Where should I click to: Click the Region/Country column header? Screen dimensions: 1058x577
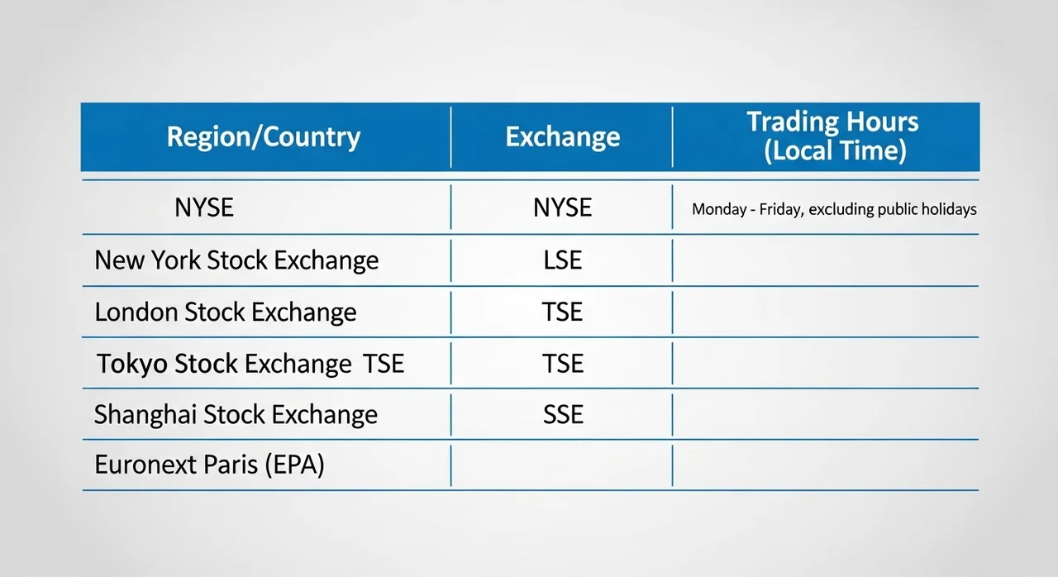coord(263,137)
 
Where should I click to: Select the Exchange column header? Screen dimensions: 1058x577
coord(563,137)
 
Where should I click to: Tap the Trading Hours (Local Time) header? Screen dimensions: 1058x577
coord(832,136)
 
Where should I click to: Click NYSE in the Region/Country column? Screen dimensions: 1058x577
coord(204,207)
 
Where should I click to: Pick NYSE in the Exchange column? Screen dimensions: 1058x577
coord(563,207)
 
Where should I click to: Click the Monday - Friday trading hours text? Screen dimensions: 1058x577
coord(834,209)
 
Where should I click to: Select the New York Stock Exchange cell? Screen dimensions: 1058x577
coord(236,260)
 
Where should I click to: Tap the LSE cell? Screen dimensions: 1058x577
coord(563,260)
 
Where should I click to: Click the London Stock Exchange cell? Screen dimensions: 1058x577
coord(226,312)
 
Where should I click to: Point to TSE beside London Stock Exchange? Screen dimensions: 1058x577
coord(562,312)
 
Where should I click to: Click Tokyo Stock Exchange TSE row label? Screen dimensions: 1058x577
coord(250,364)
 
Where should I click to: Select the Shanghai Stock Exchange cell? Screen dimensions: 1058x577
coord(236,415)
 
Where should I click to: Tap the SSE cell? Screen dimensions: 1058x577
coord(563,414)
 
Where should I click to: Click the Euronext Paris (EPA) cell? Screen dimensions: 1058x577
coord(209,465)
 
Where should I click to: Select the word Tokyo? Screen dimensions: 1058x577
coord(132,364)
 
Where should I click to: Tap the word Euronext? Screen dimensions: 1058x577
coord(146,465)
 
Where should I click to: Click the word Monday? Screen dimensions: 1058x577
coord(719,209)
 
